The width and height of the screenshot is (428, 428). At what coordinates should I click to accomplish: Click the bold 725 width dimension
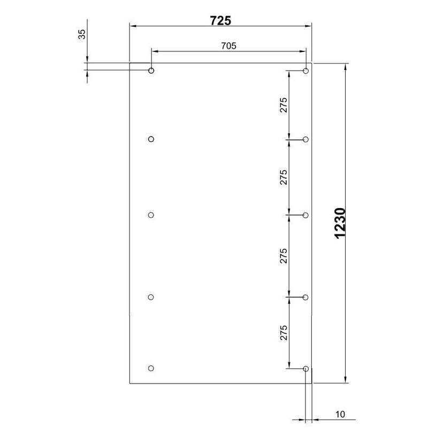[x=220, y=21]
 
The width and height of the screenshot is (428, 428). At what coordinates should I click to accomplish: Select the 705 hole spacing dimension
[x=229, y=46]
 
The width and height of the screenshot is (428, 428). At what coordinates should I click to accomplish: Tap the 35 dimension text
[x=82, y=34]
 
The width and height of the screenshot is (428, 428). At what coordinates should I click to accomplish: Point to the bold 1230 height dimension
[x=340, y=223]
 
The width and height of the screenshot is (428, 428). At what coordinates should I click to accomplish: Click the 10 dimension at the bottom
[x=340, y=414]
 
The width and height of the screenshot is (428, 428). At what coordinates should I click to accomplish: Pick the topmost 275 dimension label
[x=284, y=105]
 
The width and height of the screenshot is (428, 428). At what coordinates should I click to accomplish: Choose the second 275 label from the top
[x=284, y=177]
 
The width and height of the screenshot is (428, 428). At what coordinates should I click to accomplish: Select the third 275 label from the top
[x=284, y=256]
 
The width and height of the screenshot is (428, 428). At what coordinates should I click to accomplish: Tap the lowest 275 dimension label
[x=284, y=333]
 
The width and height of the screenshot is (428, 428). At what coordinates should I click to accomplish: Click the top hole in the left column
[x=151, y=68]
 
